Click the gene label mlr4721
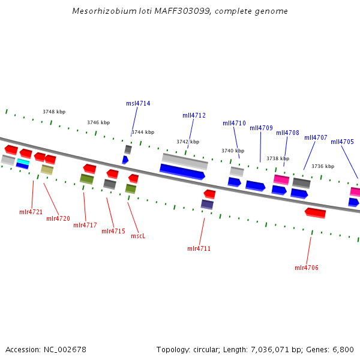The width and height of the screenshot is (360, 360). (x=31, y=212)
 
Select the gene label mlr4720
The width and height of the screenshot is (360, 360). (x=58, y=218)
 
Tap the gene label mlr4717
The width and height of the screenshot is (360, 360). (x=85, y=226)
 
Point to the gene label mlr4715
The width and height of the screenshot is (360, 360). (x=113, y=231)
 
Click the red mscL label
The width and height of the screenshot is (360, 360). (x=138, y=236)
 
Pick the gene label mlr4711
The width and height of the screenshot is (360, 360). (x=199, y=248)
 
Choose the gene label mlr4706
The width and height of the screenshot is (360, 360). (x=307, y=268)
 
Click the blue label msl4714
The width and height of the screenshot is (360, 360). (x=138, y=103)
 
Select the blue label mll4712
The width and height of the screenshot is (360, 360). (x=194, y=115)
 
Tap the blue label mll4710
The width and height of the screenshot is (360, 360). (x=234, y=123)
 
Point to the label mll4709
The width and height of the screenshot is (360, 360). (x=261, y=128)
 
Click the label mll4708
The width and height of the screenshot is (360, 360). (x=287, y=133)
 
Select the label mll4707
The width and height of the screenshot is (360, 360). (x=316, y=137)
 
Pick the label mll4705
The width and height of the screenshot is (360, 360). (x=342, y=142)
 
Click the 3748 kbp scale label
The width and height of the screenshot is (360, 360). (x=54, y=112)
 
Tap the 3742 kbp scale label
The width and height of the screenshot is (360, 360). (x=187, y=142)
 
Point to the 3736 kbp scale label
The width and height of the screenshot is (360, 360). (x=323, y=166)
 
